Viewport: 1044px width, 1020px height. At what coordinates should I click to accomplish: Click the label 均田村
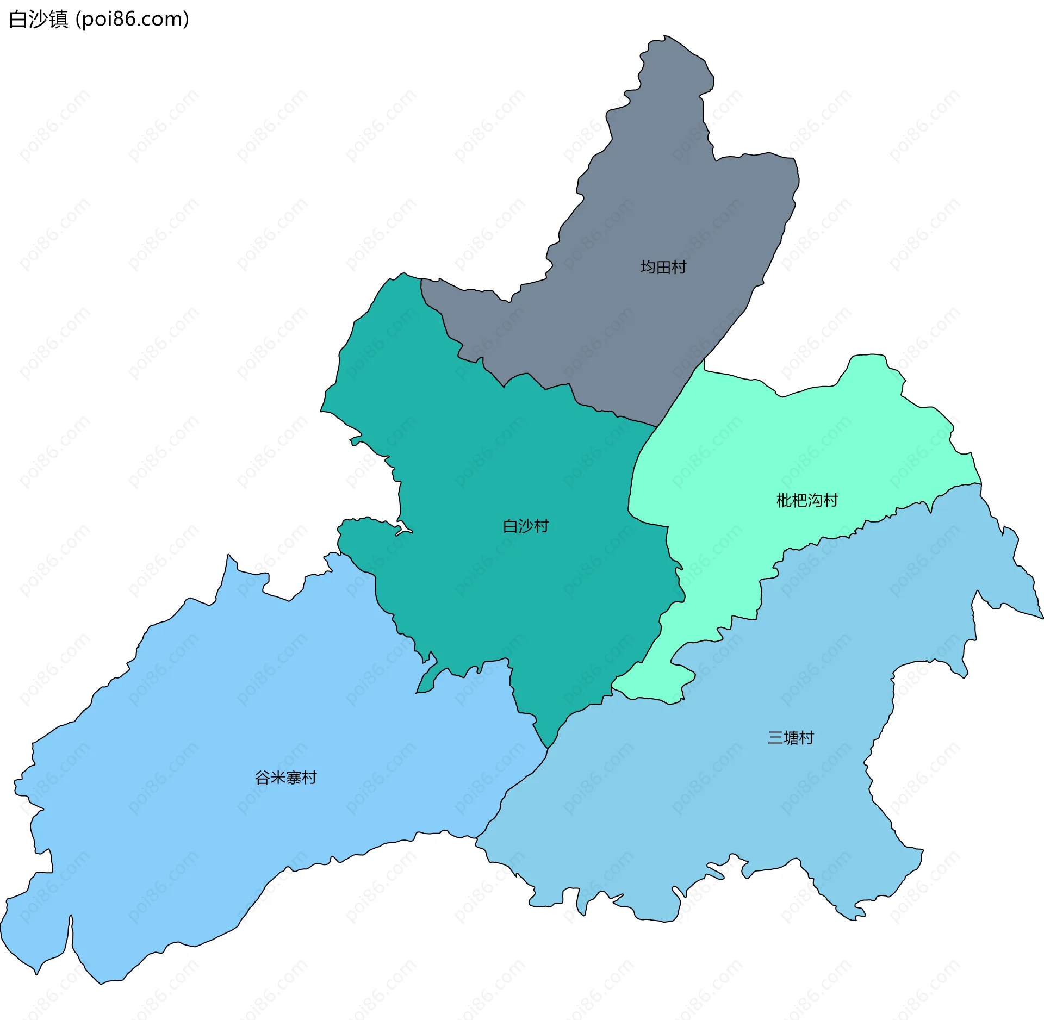tap(663, 267)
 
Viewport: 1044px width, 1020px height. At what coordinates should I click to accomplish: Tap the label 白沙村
tap(526, 526)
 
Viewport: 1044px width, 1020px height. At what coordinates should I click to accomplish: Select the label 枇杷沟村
tap(807, 500)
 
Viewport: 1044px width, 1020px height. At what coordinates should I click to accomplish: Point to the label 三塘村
tap(791, 738)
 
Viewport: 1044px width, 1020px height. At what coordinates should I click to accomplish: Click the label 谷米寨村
tap(285, 778)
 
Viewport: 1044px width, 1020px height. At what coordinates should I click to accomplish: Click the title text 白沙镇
tap(39, 19)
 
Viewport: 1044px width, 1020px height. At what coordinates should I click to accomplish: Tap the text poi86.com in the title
tap(132, 19)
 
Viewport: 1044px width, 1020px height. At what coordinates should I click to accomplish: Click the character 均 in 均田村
tap(648, 267)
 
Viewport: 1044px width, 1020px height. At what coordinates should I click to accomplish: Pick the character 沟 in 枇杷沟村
tap(815, 500)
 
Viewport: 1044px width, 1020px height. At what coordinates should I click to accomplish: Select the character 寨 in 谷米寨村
tap(293, 778)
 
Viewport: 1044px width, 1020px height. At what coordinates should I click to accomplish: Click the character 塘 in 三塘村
tap(791, 738)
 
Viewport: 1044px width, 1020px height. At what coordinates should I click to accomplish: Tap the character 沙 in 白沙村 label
tap(526, 526)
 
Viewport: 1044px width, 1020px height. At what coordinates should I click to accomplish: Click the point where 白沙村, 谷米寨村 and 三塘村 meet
tap(548, 748)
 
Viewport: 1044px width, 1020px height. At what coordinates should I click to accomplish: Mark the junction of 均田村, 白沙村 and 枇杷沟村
tap(657, 427)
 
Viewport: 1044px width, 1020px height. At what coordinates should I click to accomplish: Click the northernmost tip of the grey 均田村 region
tap(664, 36)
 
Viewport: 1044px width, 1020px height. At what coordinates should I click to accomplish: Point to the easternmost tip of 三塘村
tap(1042, 618)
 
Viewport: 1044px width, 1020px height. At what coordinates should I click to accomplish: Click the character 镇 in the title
tap(59, 19)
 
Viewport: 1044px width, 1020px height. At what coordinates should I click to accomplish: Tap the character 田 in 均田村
tap(663, 267)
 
